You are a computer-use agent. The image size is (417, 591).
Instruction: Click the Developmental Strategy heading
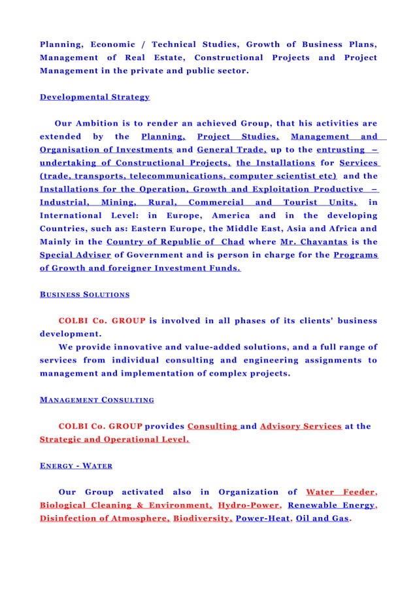pyautogui.click(x=94, y=97)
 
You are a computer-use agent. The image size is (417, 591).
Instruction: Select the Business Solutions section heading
pyautogui.click(x=84, y=295)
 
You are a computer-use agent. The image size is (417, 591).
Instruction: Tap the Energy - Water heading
pyautogui.click(x=76, y=465)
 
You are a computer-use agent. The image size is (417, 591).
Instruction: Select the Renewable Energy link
pyautogui.click(x=331, y=505)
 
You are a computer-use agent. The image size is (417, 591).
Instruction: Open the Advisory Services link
pyautogui.click(x=300, y=426)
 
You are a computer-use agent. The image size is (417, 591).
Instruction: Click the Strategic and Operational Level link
pyautogui.click(x=114, y=440)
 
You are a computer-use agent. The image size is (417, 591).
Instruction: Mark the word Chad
pyautogui.click(x=231, y=242)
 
